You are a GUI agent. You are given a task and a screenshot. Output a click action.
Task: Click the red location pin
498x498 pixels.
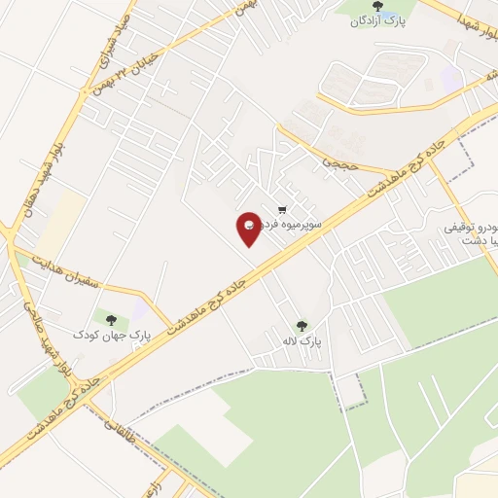[250, 228]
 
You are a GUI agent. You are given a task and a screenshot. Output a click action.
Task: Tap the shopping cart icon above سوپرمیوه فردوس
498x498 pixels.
[282, 208]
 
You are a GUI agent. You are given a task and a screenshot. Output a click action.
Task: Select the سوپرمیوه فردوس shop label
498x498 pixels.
[291, 224]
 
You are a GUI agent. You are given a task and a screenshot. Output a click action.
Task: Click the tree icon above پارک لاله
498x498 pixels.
[301, 326]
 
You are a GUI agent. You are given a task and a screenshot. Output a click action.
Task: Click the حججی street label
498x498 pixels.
[346, 164]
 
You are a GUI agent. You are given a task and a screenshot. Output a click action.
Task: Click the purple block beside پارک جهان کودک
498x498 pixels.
[141, 309]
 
